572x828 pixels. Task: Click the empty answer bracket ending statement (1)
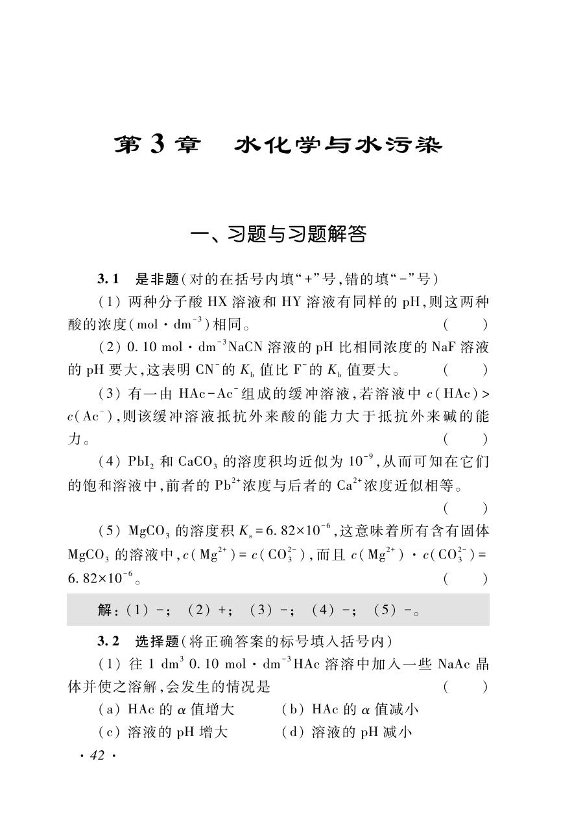tap(465, 325)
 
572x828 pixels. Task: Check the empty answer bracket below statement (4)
tap(465, 509)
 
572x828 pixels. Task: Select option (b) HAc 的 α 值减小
tap(350, 709)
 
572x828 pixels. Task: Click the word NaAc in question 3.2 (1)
tap(453, 665)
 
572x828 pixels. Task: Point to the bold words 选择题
tap(156, 641)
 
